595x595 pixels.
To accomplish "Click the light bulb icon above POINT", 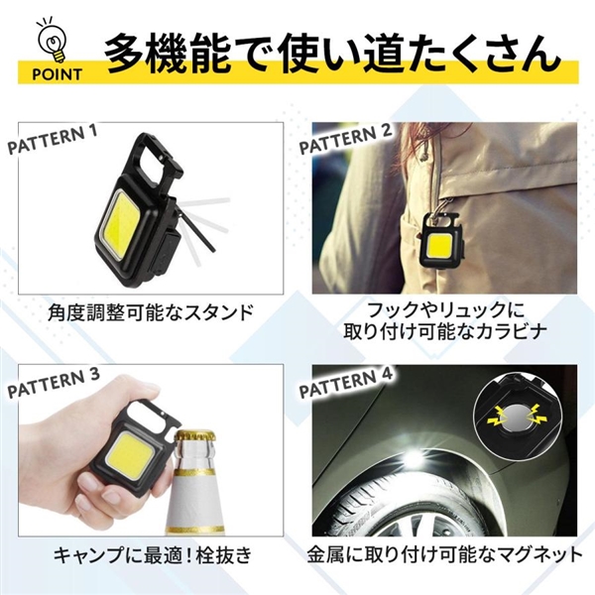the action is coord(54,40).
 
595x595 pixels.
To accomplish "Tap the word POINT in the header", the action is coord(57,74).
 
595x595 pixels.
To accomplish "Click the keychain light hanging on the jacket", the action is coord(441,240).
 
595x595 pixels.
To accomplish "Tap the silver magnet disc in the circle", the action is coord(515,418).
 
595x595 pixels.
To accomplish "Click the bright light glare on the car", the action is coord(411,456).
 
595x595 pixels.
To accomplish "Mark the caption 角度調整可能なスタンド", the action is coord(151,312).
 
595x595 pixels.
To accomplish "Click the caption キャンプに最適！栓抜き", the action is coord(153,555).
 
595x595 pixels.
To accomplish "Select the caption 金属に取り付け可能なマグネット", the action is coord(444,555).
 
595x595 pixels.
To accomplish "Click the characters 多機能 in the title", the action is coord(167,54).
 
